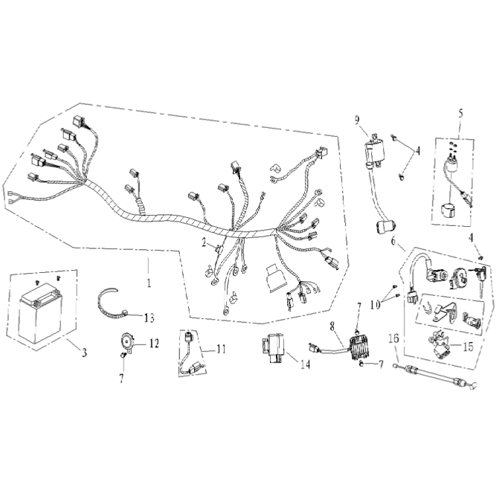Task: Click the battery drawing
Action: [41, 313]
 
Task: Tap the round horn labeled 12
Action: [126, 342]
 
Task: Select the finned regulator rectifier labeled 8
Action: [358, 348]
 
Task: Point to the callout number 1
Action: [149, 283]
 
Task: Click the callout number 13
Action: [149, 318]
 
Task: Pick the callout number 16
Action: [393, 338]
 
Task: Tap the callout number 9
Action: [357, 120]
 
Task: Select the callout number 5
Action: [461, 114]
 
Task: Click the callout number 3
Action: [84, 352]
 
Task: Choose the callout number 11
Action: [221, 349]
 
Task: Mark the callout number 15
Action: [468, 347]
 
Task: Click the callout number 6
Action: [393, 241]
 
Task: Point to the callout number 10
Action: [376, 305]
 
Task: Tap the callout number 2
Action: [204, 243]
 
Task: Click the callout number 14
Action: [305, 364]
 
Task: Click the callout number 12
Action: [154, 344]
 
